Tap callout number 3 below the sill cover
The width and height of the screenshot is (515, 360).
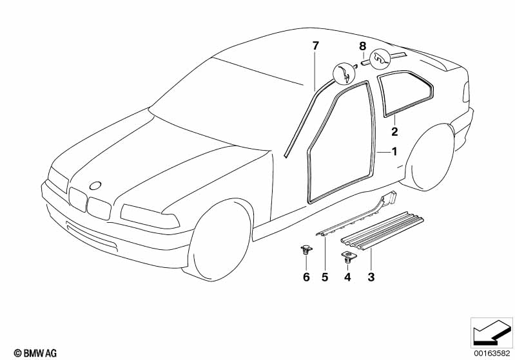click(370, 278)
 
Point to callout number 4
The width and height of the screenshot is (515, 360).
click(347, 278)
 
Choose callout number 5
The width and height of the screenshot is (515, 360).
click(326, 278)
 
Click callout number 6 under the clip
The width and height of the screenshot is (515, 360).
click(306, 278)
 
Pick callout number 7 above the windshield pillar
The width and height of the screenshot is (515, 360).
click(315, 45)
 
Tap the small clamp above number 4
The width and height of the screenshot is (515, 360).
click(348, 257)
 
